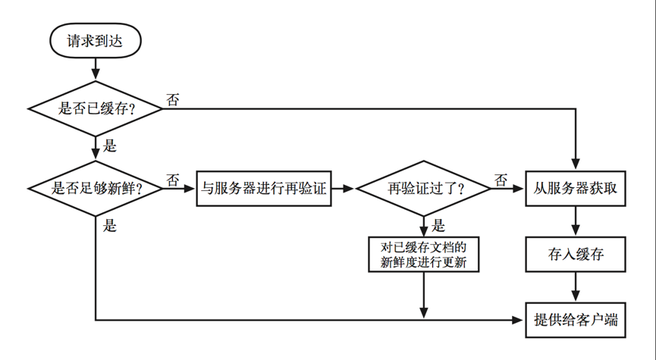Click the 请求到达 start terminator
click(96, 42)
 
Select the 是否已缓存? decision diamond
click(96, 108)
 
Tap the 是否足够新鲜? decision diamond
click(96, 189)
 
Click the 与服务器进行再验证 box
click(264, 189)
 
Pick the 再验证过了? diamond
click(423, 189)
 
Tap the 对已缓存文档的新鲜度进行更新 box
click(423, 255)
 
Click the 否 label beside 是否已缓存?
click(173, 99)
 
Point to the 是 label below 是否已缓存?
click(110, 146)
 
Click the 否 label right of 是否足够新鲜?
click(173, 180)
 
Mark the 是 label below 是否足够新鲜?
click(110, 225)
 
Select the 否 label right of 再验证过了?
click(501, 180)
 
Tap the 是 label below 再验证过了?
click(438, 225)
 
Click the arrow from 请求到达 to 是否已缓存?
click(96, 68)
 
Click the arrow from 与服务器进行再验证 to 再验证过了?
click(344, 189)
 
